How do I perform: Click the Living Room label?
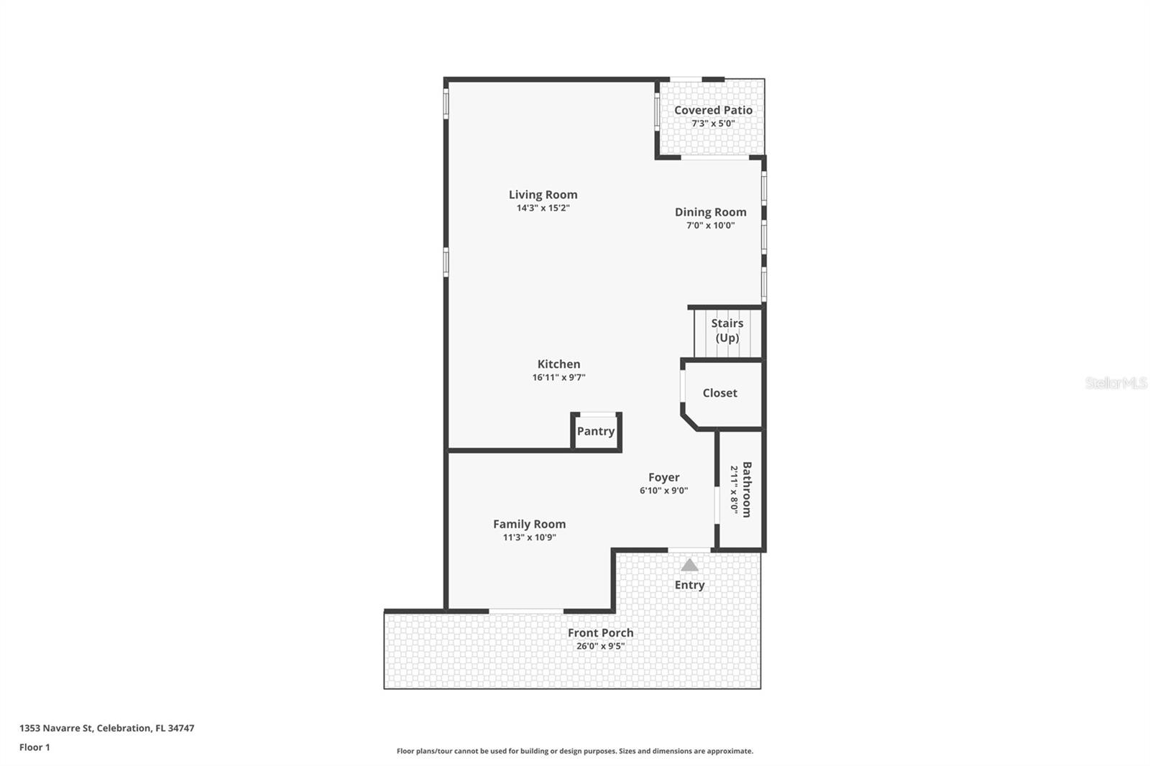(543, 195)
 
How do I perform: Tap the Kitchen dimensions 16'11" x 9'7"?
(558, 377)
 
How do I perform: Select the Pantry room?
(596, 431)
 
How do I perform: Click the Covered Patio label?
(713, 110)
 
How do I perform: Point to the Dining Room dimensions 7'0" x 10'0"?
(710, 226)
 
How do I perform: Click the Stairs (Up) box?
(727, 331)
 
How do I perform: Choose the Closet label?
(719, 393)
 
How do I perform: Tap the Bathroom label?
(747, 489)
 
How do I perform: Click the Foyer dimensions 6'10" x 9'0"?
(663, 491)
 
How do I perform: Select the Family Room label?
(529, 525)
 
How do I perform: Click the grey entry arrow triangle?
(689, 566)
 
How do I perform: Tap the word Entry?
(689, 585)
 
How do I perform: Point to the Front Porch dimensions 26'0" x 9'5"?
(600, 646)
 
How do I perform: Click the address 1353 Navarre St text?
(106, 728)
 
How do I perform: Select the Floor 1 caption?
(34, 747)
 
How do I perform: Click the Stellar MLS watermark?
(1115, 383)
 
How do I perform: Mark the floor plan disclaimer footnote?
(574, 751)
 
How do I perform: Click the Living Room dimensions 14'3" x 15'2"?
(543, 208)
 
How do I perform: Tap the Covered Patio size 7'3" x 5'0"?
(713, 124)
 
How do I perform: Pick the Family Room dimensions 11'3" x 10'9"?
(529, 537)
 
